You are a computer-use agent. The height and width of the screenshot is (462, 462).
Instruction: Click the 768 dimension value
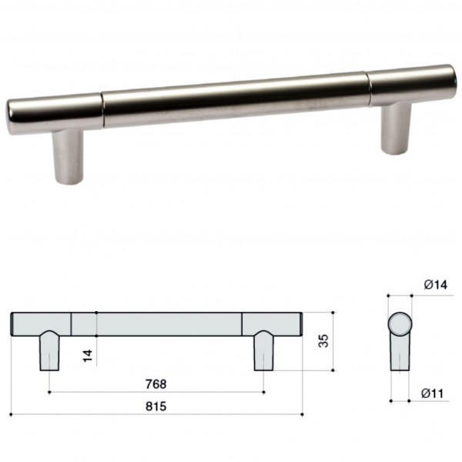[156, 384]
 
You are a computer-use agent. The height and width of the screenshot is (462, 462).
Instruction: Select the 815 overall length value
[156, 407]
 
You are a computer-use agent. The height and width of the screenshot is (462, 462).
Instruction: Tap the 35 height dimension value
[323, 341]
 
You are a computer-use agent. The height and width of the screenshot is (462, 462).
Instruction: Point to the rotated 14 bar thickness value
[88, 356]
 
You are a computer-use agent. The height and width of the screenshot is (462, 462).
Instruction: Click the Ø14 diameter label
[436, 285]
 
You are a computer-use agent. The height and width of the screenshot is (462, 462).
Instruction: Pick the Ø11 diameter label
[432, 393]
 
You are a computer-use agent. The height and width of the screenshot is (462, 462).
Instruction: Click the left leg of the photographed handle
[68, 157]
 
